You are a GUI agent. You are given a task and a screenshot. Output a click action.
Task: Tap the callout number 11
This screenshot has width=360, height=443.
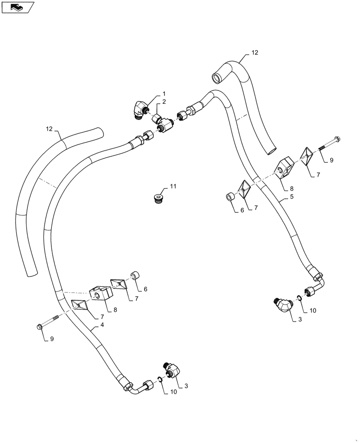pyautogui.click(x=173, y=187)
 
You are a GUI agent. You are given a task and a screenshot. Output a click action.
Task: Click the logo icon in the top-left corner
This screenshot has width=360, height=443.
pyautogui.click(x=18, y=7)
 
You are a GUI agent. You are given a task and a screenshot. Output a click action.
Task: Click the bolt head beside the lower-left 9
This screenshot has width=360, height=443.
pyautogui.click(x=39, y=327)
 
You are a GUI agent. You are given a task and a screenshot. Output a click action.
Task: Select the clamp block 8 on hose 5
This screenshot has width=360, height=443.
pyautogui.click(x=283, y=168)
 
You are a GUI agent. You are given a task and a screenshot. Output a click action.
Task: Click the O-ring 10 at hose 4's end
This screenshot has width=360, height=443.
pyautogui.click(x=158, y=379)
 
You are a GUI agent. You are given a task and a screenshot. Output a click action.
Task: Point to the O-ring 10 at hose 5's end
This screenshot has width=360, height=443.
pyautogui.click(x=300, y=299)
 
